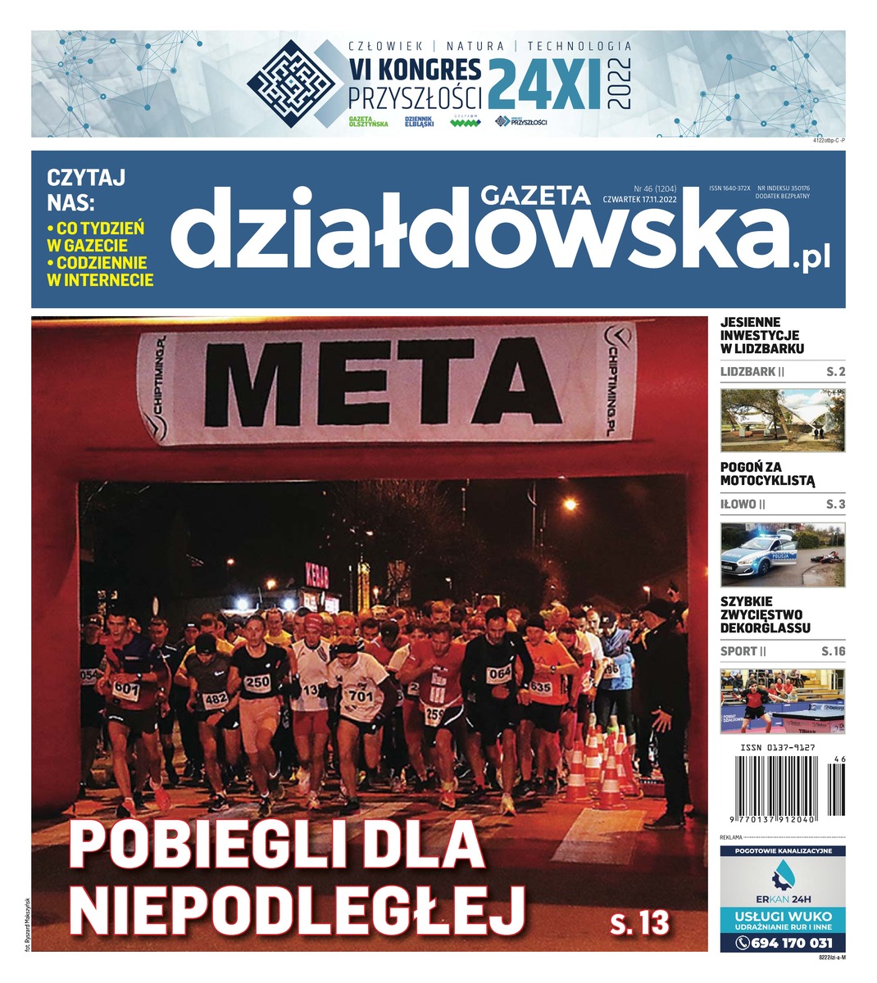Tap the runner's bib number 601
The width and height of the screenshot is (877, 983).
point(125,688)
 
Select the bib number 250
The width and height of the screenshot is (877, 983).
point(257,682)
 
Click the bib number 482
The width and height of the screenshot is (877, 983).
point(215,699)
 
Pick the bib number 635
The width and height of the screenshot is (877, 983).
point(540,686)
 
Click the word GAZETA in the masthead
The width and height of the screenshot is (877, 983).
point(535,195)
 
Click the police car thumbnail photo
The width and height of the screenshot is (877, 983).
point(783,554)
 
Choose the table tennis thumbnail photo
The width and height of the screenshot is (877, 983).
point(783,701)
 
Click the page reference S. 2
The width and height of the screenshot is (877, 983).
point(835,372)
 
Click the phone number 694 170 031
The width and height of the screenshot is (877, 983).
point(792,943)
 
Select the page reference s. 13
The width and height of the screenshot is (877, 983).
point(639,922)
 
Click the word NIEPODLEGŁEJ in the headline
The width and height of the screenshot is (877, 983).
point(297,905)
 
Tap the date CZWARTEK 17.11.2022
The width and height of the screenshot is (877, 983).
point(639,197)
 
